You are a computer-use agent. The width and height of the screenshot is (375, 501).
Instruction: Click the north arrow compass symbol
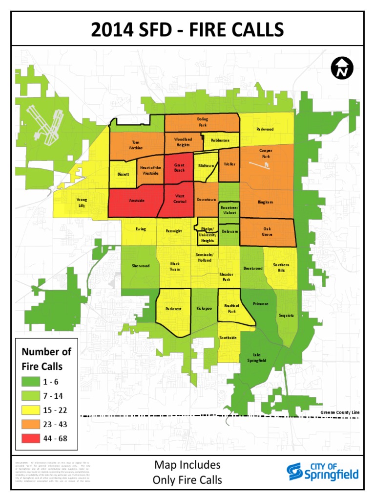pos(342,68)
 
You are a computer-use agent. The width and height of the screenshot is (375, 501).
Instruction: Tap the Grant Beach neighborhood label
pos(179,167)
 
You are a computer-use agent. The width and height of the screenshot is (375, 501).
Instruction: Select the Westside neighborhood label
pos(137,200)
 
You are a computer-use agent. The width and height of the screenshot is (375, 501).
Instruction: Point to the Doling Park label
pos(203,122)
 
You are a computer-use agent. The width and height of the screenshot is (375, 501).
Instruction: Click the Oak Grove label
pos(267,231)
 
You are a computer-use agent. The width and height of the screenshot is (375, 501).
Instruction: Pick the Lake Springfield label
pos(259,357)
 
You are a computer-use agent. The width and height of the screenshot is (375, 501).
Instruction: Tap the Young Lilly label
pos(82,203)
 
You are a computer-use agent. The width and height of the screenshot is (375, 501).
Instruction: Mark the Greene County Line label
pos(340,412)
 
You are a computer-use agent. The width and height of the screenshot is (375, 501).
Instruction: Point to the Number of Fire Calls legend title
pos(46,359)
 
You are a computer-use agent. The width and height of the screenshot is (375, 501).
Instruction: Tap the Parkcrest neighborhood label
pos(173,309)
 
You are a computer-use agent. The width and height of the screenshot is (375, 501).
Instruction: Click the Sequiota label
pos(286,316)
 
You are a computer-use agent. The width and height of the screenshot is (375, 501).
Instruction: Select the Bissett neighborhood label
pos(123,174)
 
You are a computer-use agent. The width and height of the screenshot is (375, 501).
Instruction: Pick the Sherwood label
pos(141,266)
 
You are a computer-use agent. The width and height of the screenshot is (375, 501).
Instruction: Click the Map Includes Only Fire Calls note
pos(187,472)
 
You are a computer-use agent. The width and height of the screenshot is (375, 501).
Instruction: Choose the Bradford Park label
pos(232,308)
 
